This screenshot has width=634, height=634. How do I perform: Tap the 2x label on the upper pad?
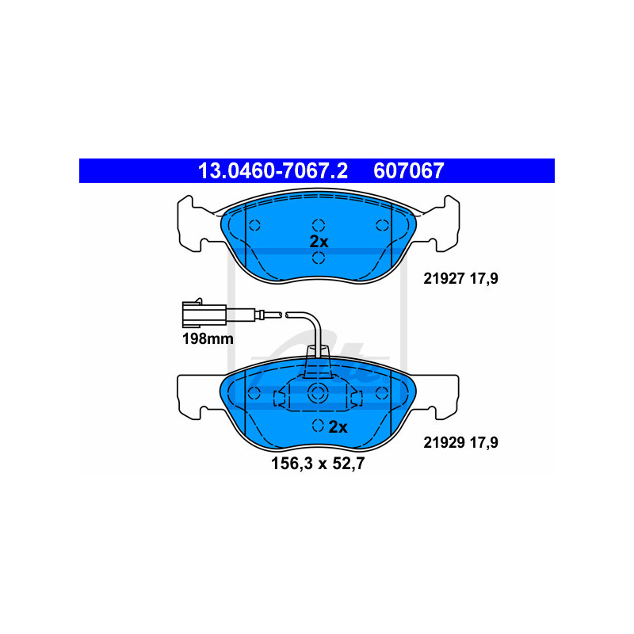319,241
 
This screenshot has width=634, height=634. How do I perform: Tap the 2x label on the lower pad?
338,427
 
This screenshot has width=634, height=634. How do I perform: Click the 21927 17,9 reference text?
456,278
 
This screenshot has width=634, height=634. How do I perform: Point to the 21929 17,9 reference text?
456,443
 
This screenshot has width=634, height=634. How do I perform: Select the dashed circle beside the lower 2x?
318,426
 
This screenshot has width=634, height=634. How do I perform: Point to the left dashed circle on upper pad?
255,224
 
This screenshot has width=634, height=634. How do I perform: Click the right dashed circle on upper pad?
381,224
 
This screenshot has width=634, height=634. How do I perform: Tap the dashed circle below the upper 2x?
318,258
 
